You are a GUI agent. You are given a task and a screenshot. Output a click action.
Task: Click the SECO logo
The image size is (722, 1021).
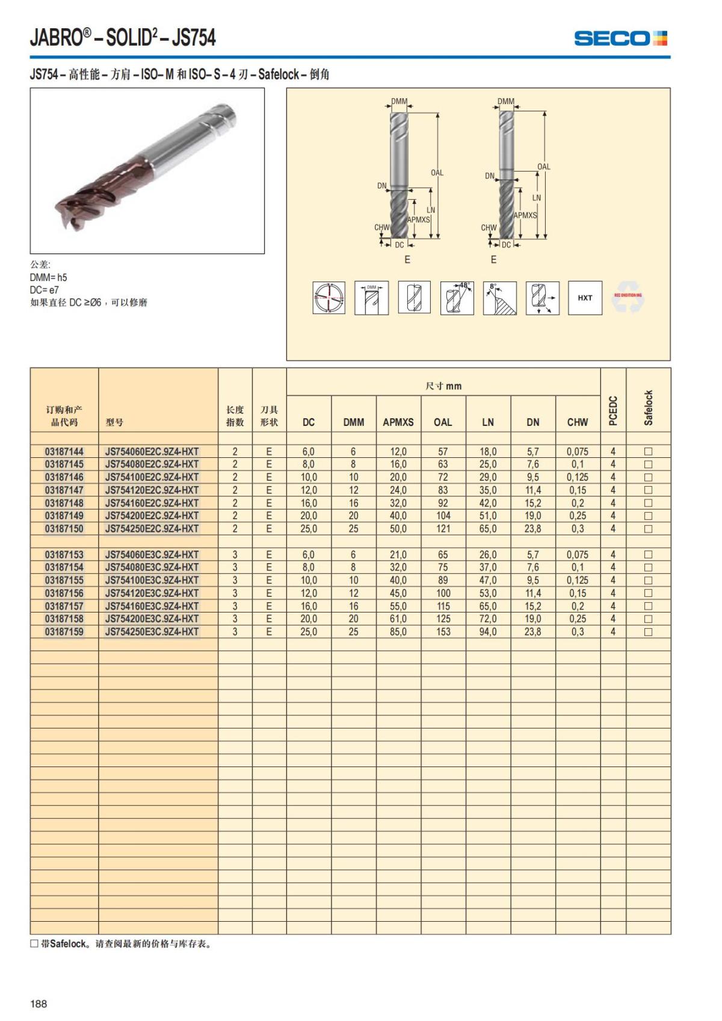click(x=620, y=39)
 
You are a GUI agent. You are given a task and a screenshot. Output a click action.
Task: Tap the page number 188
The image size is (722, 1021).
click(x=39, y=1004)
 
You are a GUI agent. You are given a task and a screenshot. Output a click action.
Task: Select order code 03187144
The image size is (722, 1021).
click(x=64, y=451)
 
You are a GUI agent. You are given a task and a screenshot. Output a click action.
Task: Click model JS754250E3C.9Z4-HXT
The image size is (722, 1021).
click(x=152, y=632)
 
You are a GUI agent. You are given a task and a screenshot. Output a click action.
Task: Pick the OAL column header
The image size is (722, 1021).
click(x=443, y=422)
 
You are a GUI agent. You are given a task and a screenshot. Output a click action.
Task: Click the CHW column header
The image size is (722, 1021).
click(x=578, y=422)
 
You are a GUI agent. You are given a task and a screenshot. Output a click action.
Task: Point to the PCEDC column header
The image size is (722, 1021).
click(x=613, y=410)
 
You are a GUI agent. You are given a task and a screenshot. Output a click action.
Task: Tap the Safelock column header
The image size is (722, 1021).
click(x=648, y=408)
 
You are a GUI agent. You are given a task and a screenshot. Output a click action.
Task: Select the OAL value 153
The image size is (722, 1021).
click(x=443, y=632)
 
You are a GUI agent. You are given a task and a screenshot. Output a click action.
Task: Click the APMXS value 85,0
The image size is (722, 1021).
click(x=398, y=632)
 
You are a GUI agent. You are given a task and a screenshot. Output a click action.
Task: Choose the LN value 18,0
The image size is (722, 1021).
click(x=488, y=451)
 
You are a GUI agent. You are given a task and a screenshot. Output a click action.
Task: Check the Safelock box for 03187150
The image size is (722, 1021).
click(x=648, y=529)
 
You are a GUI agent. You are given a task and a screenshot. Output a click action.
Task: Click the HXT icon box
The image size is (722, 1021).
click(x=585, y=298)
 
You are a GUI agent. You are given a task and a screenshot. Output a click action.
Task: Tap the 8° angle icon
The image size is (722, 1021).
click(x=499, y=298)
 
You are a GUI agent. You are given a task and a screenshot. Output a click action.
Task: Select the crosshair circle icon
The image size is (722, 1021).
click(x=329, y=298)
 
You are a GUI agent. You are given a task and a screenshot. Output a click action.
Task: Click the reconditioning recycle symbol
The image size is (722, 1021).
click(x=628, y=298)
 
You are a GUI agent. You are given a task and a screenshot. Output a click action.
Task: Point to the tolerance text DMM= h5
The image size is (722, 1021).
click(x=49, y=277)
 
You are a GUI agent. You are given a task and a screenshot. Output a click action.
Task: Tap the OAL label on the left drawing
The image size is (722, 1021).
click(x=437, y=173)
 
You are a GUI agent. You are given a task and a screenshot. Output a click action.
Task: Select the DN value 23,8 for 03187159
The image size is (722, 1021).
click(x=532, y=632)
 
